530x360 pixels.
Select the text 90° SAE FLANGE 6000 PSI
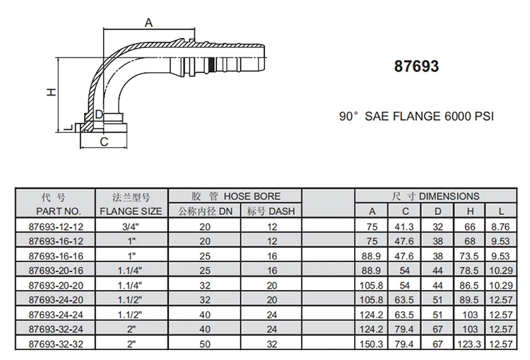pos(416,115)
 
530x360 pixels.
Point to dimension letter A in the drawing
pos(148,23)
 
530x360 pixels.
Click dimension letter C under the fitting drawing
pos(103,142)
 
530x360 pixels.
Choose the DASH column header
pos(271,211)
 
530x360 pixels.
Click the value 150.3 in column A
pos(372,343)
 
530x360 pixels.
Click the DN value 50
pos(205,343)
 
